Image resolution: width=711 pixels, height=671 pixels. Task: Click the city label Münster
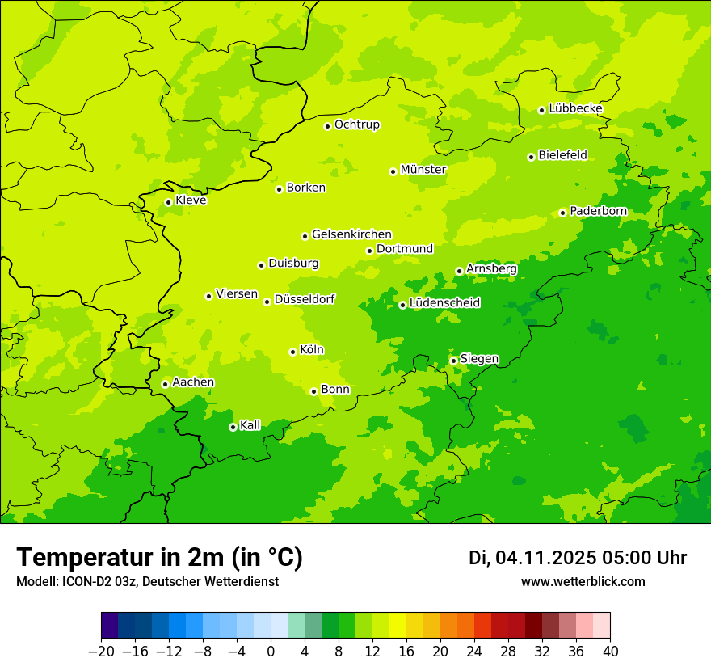(x=423, y=170)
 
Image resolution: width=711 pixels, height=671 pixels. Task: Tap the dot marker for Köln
(x=292, y=352)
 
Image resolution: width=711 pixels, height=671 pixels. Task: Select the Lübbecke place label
(x=575, y=108)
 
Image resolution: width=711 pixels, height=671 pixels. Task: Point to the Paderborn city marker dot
(x=562, y=213)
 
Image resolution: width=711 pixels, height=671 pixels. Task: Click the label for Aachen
(x=193, y=382)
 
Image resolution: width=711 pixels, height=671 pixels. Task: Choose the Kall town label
(x=250, y=425)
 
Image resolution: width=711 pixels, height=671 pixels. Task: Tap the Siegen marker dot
(x=453, y=361)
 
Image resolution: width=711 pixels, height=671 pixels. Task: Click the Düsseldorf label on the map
(x=305, y=299)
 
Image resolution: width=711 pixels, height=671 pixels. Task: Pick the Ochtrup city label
(x=357, y=124)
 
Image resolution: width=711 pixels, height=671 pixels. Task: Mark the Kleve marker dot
(x=168, y=202)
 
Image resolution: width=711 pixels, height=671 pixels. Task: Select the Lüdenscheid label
(x=444, y=303)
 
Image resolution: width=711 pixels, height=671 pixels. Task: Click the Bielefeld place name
(x=562, y=155)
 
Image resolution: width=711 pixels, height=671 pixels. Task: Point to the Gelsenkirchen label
(x=351, y=234)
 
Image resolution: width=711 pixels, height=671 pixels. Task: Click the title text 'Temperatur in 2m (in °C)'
(x=159, y=558)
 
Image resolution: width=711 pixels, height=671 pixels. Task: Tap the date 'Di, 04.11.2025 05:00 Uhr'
(x=578, y=558)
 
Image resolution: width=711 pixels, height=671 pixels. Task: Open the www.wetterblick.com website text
(x=583, y=582)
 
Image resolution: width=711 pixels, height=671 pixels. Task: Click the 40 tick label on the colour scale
(x=610, y=651)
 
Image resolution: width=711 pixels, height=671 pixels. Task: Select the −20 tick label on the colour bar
(x=101, y=651)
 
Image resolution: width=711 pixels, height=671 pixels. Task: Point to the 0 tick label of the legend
(x=271, y=651)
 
